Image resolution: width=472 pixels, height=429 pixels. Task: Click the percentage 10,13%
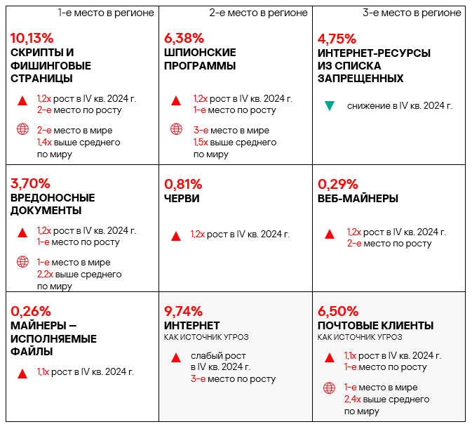click(x=32, y=38)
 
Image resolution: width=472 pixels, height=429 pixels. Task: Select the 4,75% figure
click(x=337, y=38)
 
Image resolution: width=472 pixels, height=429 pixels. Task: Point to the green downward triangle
click(x=329, y=106)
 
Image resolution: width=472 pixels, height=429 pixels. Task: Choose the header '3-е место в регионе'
click(x=412, y=13)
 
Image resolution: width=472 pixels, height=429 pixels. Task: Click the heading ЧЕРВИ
click(x=182, y=198)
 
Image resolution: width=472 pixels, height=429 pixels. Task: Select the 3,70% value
click(x=30, y=183)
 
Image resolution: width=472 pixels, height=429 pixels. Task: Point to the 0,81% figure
click(x=183, y=184)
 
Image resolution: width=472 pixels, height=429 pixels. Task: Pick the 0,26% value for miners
click(x=31, y=310)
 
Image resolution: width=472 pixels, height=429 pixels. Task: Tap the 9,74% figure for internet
click(x=184, y=310)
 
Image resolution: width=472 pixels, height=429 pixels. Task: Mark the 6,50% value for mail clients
click(x=338, y=310)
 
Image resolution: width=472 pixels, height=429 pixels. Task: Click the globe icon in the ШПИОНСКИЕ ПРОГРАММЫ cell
click(x=176, y=129)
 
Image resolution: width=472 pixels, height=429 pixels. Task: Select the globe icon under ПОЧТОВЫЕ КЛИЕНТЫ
click(x=329, y=388)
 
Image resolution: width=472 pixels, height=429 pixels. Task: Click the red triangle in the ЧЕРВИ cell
click(x=176, y=235)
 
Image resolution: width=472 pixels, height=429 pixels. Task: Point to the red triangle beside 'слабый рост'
click(x=176, y=357)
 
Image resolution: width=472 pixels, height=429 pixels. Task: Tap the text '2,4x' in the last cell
click(x=351, y=399)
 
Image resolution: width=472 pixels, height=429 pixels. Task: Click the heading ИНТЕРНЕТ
click(x=191, y=325)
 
